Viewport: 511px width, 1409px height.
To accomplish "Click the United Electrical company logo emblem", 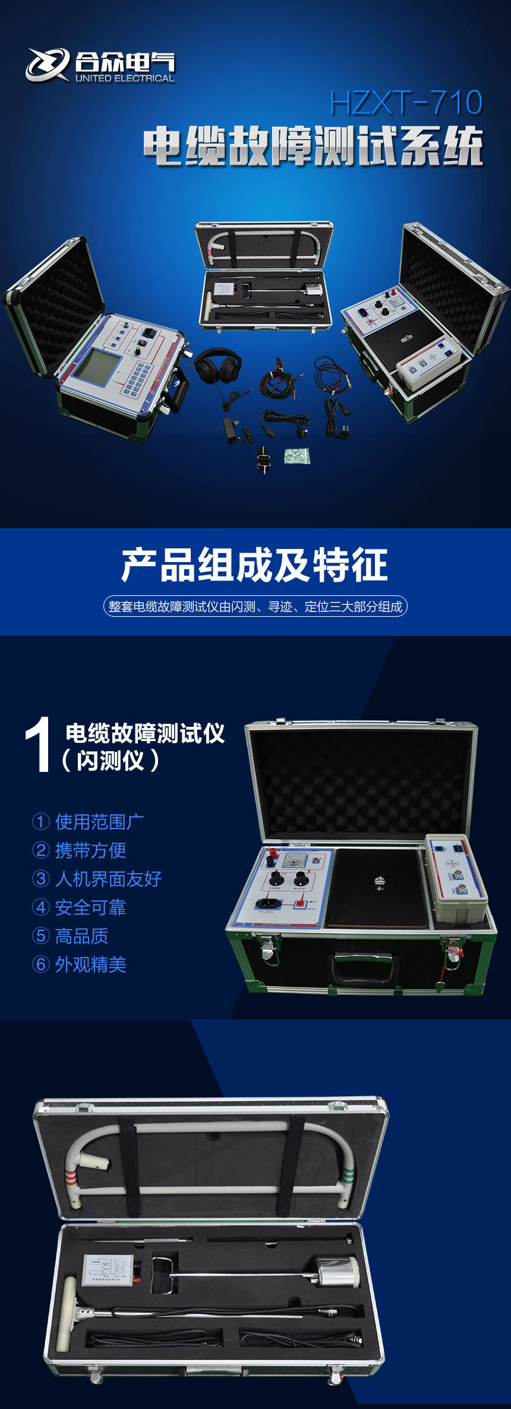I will pos(47,65).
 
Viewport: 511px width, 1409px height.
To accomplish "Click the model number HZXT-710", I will pos(406,103).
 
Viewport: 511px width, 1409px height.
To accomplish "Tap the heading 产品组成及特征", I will pos(255,565).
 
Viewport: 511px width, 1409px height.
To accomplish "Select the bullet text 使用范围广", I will pos(99,822).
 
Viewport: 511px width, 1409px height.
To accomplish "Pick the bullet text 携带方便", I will pos(90,851).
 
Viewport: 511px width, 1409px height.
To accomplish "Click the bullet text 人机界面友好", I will pos(108,879).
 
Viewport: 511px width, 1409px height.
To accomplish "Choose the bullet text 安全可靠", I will pos(90,908).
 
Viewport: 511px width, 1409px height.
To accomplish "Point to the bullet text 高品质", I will pos(81,936).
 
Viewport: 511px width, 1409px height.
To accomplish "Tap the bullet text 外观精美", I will pos(90,965).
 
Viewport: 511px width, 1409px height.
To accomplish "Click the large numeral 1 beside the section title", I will pos(37,745).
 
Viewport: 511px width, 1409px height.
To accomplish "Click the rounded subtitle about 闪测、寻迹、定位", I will pos(255,607).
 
